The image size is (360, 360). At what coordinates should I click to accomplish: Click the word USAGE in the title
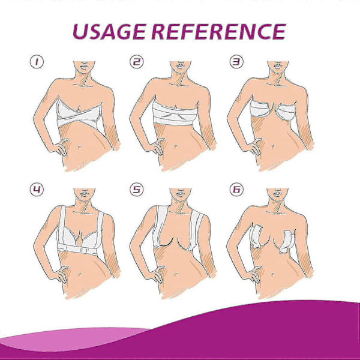pos(109,32)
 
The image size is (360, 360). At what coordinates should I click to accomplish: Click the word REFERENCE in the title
pos(219,32)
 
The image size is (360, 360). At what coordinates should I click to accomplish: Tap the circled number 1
pos(37,62)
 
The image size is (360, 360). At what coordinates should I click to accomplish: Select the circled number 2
pos(137,62)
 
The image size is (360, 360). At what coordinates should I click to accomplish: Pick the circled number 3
pos(236,62)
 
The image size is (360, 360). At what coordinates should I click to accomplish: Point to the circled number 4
pos(37,190)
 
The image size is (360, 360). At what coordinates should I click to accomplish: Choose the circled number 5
pos(137,190)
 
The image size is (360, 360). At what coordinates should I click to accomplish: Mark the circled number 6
pos(236,190)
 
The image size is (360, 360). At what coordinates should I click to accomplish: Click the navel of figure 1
pos(79,147)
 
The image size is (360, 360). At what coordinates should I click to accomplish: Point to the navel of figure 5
pos(176,274)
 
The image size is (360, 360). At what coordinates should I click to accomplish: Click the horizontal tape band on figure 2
pos(175,114)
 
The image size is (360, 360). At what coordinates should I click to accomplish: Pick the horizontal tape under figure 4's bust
pos(79,249)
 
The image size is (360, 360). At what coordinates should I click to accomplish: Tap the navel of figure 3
pos(273,147)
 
